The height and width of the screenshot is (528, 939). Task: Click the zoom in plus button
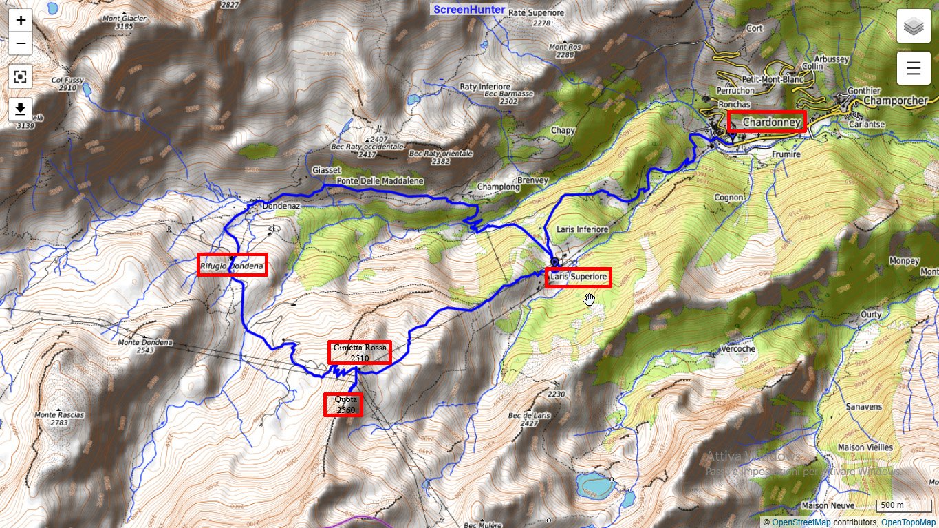pyautogui.click(x=21, y=20)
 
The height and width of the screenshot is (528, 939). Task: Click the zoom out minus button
pyautogui.click(x=21, y=43)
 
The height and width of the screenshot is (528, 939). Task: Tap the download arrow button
pyautogui.click(x=21, y=109)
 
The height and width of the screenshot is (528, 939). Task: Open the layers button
pyautogui.click(x=914, y=27)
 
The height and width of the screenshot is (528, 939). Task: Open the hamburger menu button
pyautogui.click(x=914, y=67)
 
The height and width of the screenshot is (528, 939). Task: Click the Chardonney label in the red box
pyautogui.click(x=766, y=122)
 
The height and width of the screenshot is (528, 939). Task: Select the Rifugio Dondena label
pyautogui.click(x=232, y=265)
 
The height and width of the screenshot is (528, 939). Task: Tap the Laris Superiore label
pyautogui.click(x=579, y=277)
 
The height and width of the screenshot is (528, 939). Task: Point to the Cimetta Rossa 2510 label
pyautogui.click(x=360, y=352)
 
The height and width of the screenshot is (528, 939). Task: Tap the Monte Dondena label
pyautogui.click(x=145, y=343)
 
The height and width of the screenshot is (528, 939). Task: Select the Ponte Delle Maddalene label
pyautogui.click(x=380, y=180)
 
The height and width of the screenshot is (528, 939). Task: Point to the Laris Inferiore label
pyautogui.click(x=583, y=229)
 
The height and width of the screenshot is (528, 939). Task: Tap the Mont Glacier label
pyautogui.click(x=115, y=19)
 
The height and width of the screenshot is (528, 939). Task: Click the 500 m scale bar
pyautogui.click(x=892, y=506)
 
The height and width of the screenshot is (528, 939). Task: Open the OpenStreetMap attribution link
pyautogui.click(x=801, y=522)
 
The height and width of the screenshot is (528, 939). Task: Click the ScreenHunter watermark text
pyautogui.click(x=469, y=10)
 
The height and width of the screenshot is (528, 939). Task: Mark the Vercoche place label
pyautogui.click(x=737, y=349)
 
